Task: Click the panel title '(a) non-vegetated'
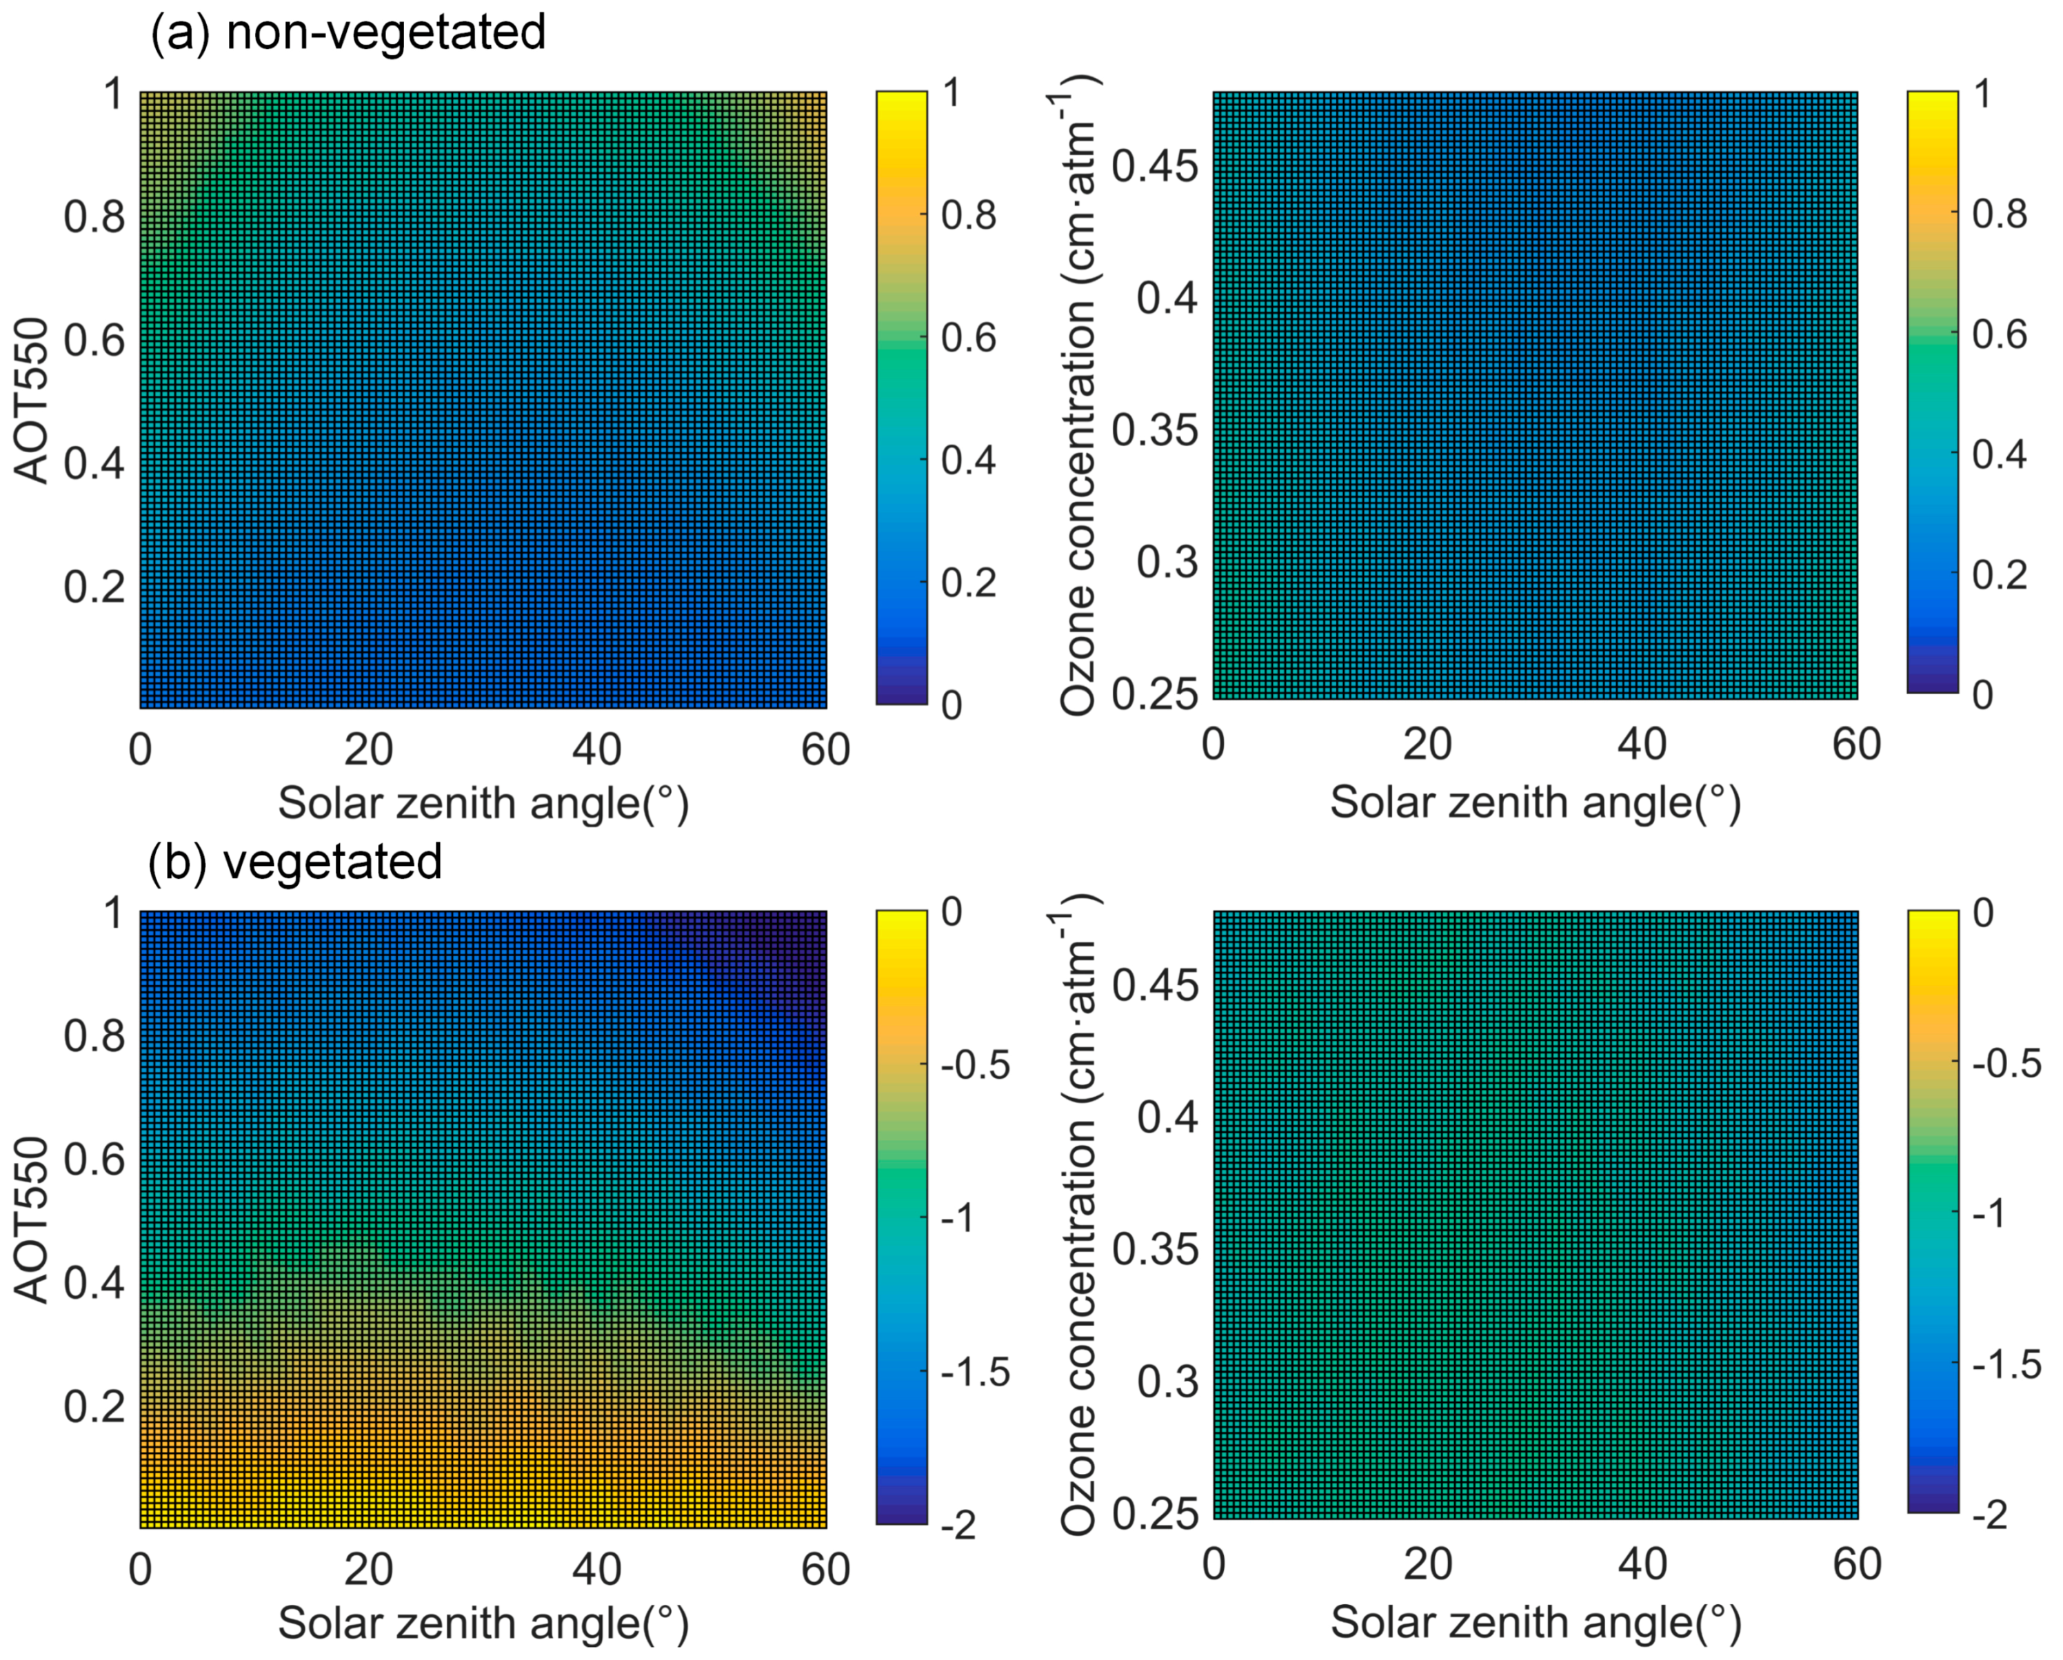click(x=348, y=32)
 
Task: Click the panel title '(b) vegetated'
click(x=294, y=861)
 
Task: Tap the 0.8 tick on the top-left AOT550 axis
click(x=94, y=217)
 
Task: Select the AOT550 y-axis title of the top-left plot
click(x=32, y=400)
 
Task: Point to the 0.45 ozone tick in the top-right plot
click(x=1154, y=166)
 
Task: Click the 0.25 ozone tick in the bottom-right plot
click(x=1154, y=1514)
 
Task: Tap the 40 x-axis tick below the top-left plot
click(x=596, y=749)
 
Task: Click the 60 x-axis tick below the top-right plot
click(x=1856, y=745)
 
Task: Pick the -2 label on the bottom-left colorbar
click(x=959, y=1525)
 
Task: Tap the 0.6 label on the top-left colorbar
click(x=968, y=338)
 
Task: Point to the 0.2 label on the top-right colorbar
click(x=1999, y=574)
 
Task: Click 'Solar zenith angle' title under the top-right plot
click(x=1535, y=802)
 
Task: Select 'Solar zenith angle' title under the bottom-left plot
click(x=483, y=1623)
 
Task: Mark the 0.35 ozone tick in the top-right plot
click(x=1154, y=429)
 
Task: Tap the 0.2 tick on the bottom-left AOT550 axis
click(x=94, y=1406)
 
